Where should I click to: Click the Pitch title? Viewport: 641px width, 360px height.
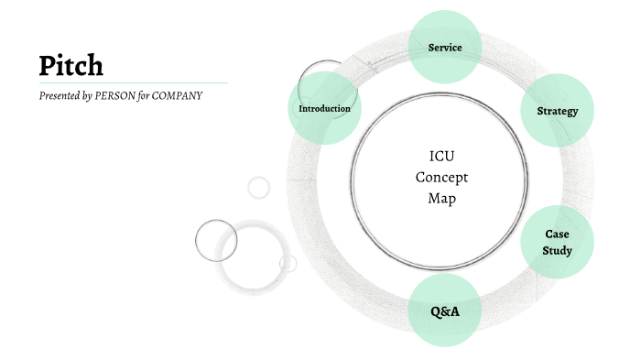[71, 65]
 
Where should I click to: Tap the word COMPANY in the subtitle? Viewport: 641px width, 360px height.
[178, 95]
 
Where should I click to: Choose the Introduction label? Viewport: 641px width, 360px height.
[324, 109]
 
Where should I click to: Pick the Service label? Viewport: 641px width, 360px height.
[445, 47]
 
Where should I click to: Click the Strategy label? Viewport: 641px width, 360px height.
[557, 111]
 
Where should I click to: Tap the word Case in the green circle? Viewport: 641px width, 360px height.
[557, 235]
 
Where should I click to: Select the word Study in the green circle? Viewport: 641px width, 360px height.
[557, 250]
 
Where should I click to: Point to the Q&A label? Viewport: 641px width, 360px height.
[445, 311]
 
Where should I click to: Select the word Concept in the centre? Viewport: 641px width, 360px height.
[441, 177]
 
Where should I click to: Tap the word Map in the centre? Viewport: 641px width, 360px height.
[441, 198]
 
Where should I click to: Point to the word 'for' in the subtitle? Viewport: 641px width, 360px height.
[144, 95]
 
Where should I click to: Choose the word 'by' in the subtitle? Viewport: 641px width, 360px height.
[88, 95]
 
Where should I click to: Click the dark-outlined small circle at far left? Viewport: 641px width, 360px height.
[216, 241]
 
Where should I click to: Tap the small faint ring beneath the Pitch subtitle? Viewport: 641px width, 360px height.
[259, 188]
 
